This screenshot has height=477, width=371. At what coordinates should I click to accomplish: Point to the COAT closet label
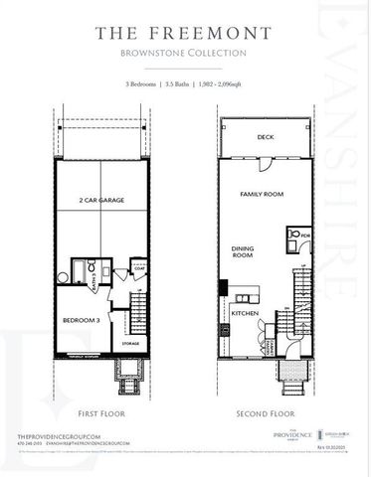tap(140, 267)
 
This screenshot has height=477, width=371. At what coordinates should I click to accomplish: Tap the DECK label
tap(266, 136)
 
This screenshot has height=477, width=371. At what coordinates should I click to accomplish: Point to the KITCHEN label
tap(245, 312)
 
